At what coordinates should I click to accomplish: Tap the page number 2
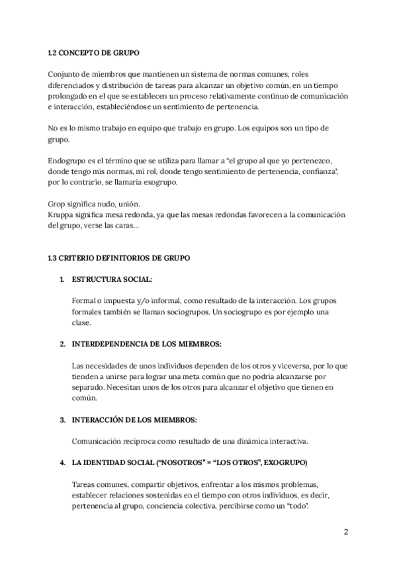(346, 532)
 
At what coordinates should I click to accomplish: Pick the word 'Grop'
(58, 204)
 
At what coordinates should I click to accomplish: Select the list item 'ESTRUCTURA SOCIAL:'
(112, 280)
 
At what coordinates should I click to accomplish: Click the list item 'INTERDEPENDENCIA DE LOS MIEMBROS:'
(147, 345)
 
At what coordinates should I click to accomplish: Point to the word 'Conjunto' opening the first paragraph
(66, 74)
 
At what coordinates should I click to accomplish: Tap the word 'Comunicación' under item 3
(97, 441)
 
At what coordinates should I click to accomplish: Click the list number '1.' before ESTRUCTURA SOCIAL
(62, 280)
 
